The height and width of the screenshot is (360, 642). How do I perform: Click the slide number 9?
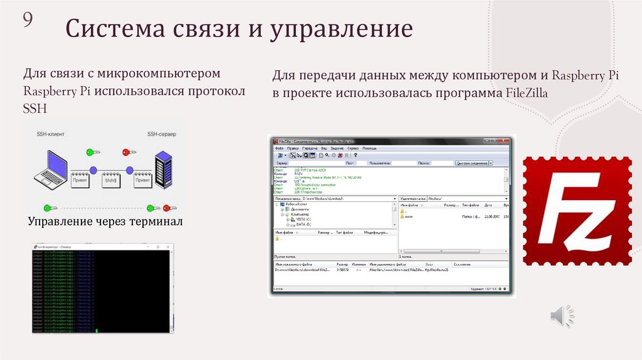coord(28,21)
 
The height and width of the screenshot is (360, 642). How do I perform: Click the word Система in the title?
coord(112,29)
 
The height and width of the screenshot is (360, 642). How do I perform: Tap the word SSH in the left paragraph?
coord(34,109)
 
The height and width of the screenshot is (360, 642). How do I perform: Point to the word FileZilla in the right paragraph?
coord(527,94)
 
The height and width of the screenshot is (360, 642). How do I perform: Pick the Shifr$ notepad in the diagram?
coord(112,179)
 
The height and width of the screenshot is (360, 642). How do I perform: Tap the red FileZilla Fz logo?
coord(577,210)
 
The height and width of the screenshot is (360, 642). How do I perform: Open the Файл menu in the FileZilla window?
coord(279,148)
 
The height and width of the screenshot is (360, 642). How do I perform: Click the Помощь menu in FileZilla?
coord(369,148)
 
